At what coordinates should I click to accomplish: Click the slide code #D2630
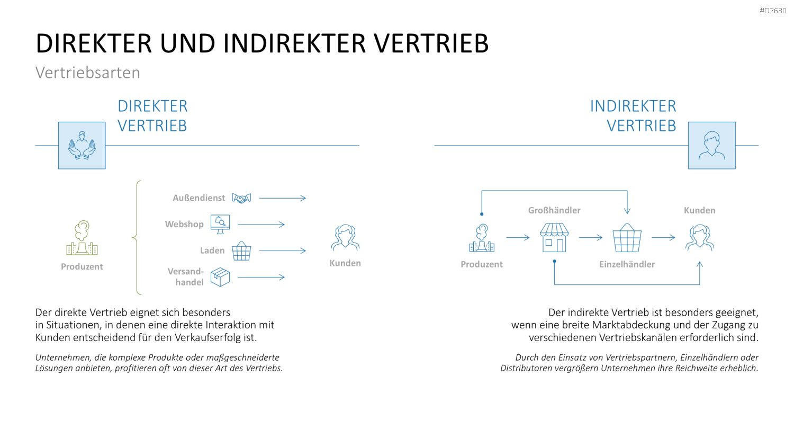[x=773, y=11]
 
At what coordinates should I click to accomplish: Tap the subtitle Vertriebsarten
[x=87, y=73]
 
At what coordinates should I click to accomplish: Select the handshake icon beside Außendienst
[x=241, y=198]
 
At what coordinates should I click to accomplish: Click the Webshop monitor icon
[x=220, y=224]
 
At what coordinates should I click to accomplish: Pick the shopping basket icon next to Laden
[x=241, y=251]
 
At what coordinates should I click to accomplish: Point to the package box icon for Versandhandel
[x=220, y=277]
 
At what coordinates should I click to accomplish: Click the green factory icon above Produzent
[x=82, y=238]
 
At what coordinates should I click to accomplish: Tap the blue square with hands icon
[x=82, y=146]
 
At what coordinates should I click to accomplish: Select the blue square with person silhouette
[x=712, y=146]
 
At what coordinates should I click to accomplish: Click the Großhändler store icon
[x=554, y=238]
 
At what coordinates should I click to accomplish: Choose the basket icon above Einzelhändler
[x=627, y=238]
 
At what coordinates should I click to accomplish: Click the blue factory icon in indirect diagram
[x=482, y=238]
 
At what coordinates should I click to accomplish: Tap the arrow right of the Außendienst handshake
[x=283, y=198]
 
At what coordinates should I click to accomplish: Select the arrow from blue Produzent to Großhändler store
[x=518, y=237]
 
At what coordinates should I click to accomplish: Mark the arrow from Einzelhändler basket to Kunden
[x=664, y=237]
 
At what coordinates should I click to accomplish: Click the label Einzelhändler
[x=627, y=264]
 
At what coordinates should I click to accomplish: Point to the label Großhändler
[x=554, y=210]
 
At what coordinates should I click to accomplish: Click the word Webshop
[x=184, y=224]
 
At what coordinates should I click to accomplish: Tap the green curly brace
[x=137, y=238]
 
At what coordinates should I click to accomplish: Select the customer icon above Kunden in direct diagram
[x=345, y=238]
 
